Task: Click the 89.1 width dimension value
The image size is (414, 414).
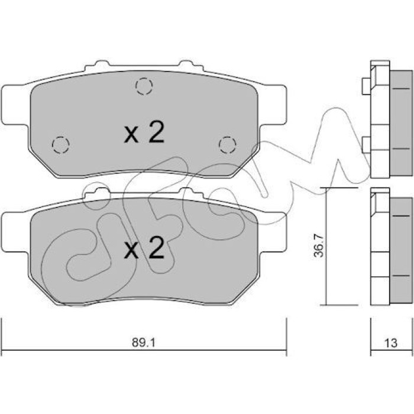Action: [x=144, y=342]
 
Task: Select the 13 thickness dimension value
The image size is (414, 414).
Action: [x=391, y=343]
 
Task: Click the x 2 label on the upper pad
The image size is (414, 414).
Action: [x=144, y=132]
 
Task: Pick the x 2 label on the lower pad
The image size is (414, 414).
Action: [x=144, y=248]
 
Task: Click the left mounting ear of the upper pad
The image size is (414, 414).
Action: [x=15, y=105]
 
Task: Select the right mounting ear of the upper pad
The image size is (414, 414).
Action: [x=273, y=105]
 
